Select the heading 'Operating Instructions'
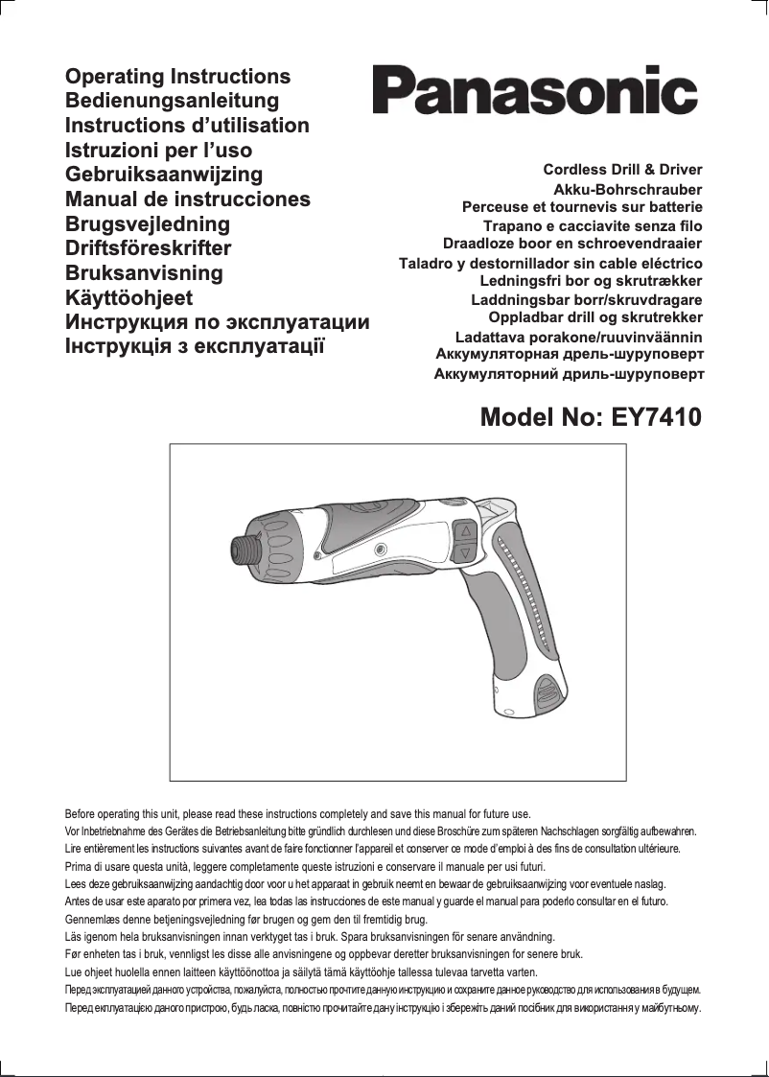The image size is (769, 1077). [x=177, y=77]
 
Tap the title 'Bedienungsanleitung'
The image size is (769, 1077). [x=172, y=101]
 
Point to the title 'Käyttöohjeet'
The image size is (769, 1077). [x=128, y=297]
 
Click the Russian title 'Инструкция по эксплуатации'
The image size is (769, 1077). [x=217, y=322]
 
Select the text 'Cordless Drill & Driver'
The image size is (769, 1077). [x=622, y=170]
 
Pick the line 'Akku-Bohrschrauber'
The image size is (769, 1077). [x=628, y=190]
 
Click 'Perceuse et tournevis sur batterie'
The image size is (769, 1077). [x=582, y=207]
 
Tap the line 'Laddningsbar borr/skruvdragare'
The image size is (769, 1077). [x=587, y=299]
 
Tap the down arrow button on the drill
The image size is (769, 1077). [x=464, y=553]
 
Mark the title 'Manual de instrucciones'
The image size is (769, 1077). [x=188, y=199]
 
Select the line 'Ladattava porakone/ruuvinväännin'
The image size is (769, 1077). [x=579, y=337]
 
